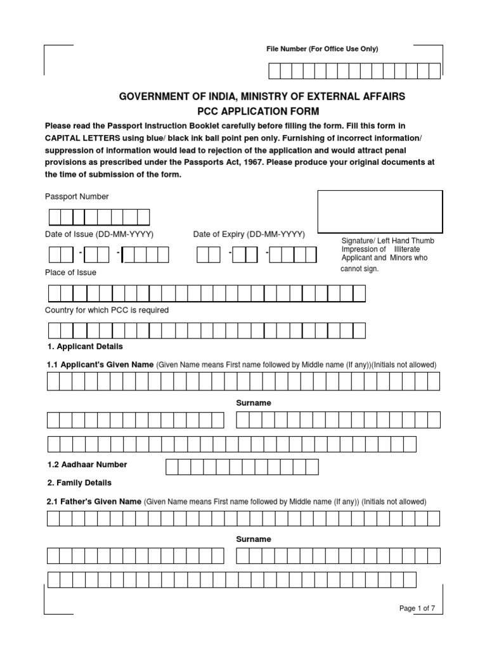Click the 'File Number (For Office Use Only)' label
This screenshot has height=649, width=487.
321,49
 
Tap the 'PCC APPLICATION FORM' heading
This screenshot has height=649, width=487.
262,110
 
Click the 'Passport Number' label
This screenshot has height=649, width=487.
77,196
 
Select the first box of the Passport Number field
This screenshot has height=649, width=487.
55,217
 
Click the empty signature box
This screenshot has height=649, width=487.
380,212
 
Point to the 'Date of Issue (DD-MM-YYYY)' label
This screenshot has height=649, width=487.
99,235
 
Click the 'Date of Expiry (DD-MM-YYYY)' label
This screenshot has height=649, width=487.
249,235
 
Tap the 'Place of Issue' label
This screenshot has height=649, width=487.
70,273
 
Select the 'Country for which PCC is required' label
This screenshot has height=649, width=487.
107,310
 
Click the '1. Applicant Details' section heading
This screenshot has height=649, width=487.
85,347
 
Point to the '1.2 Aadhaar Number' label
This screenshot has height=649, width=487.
87,465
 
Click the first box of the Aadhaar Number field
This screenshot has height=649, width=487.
172,467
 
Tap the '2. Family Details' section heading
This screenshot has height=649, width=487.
79,482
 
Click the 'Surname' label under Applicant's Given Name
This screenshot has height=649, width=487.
254,403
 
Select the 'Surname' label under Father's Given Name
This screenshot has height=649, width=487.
254,539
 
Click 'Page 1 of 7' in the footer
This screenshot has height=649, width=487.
417,608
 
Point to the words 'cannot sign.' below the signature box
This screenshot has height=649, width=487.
360,269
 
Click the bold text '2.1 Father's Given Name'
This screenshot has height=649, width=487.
94,501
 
